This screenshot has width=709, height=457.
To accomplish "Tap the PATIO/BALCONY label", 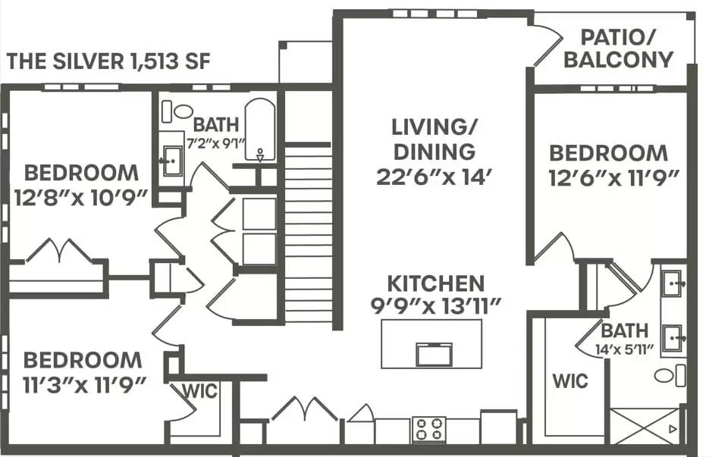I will click(x=618, y=48).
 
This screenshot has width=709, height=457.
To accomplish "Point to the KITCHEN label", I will click(x=435, y=283).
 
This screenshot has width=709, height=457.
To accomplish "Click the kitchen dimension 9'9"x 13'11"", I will click(x=435, y=307).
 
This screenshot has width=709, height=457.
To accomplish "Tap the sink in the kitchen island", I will click(x=434, y=354).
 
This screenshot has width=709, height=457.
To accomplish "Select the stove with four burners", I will click(x=429, y=430).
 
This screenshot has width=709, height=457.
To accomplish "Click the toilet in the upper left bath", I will click(x=180, y=111).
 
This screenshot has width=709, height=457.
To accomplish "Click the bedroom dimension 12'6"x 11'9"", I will click(x=608, y=178).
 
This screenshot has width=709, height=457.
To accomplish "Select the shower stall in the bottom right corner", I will click(x=645, y=426).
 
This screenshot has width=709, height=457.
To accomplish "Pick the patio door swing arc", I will click(x=546, y=45).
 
